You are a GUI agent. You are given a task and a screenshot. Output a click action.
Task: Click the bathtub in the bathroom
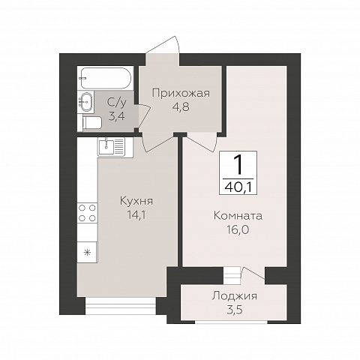click(106, 78)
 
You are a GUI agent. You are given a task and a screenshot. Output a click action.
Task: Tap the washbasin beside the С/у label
click(85, 102)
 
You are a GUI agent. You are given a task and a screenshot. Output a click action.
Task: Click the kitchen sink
click(111, 147)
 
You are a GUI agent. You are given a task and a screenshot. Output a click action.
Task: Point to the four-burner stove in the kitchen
click(87, 213)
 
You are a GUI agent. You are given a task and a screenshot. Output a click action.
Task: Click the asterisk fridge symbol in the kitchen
click(87, 252)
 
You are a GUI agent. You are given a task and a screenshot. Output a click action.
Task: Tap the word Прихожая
click(181, 94)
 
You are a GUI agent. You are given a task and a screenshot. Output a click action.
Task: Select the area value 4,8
click(181, 106)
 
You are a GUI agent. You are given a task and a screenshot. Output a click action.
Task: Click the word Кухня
click(136, 201)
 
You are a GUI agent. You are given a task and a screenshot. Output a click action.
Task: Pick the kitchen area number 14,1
click(136, 214)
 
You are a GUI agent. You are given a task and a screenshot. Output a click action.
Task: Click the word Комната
click(238, 216)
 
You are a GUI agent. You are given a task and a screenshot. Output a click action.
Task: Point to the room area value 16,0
click(238, 229)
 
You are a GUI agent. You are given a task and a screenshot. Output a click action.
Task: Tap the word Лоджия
click(234, 296)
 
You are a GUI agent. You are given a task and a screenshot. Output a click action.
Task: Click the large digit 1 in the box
click(238, 164)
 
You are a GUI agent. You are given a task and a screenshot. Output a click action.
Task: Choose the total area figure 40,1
click(238, 187)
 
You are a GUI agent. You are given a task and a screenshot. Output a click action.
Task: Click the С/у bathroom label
click(116, 103)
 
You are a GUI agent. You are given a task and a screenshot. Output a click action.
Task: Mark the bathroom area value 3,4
click(116, 116)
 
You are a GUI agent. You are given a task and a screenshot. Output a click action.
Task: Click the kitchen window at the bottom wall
click(121, 306)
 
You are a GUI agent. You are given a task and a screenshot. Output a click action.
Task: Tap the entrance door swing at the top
click(163, 45)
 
